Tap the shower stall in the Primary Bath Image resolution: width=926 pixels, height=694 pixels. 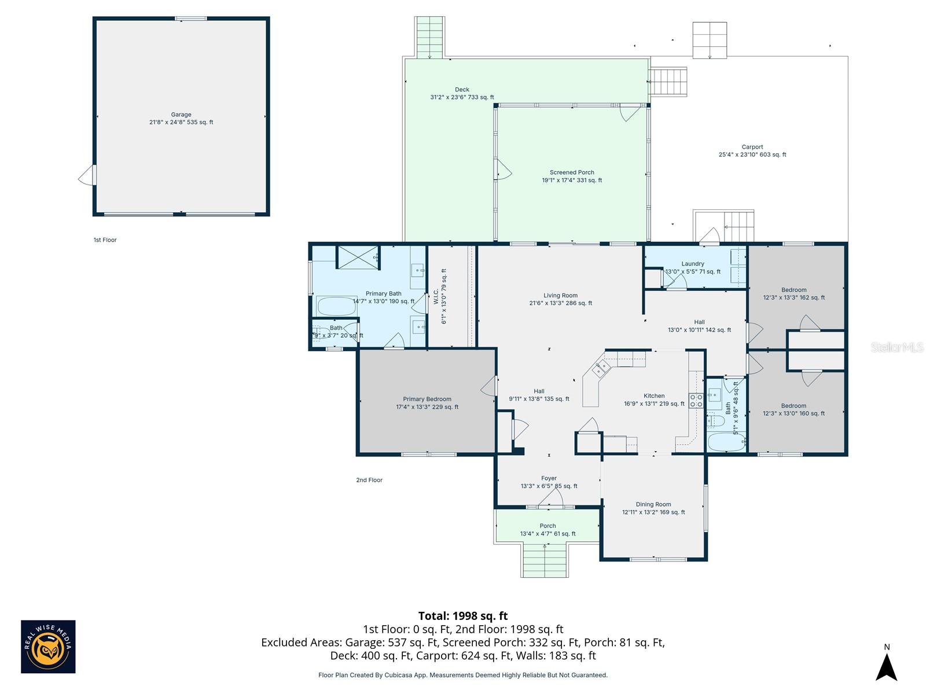(358, 257)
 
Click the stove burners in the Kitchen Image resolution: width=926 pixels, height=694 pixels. (696, 401)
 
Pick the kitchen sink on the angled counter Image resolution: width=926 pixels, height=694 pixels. (601, 368)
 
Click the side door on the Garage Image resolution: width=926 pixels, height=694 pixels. (87, 176)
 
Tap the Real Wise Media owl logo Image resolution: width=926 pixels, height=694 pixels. (48, 647)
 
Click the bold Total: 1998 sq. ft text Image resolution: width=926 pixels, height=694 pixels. (463, 616)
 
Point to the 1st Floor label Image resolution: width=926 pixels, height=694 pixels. (105, 240)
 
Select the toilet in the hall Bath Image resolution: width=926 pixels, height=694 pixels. (715, 420)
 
